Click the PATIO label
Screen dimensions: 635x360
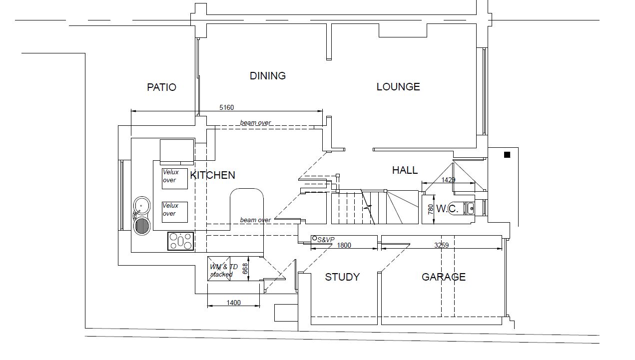coord(161,87)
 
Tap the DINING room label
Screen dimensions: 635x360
coord(268,75)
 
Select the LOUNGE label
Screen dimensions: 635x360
coord(398,87)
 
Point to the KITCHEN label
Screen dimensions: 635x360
coord(213,175)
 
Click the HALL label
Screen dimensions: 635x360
coord(405,170)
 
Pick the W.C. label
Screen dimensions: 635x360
coord(447,209)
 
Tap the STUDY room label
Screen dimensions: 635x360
coord(342,277)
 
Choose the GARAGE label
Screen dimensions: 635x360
coord(444,277)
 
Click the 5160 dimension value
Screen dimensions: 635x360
coord(227,108)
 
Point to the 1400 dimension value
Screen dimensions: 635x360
coord(234,303)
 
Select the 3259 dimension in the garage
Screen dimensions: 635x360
coord(441,245)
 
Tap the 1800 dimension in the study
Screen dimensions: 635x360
coord(344,245)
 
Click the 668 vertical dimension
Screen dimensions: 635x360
coord(245,269)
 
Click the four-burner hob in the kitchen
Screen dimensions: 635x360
coord(180,241)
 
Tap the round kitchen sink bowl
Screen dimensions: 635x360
coord(142,205)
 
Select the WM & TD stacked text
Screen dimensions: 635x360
coord(224,271)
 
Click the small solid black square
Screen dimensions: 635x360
coord(507,155)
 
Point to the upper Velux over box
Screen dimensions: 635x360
coord(175,179)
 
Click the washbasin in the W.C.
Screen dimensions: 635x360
coord(471,209)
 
